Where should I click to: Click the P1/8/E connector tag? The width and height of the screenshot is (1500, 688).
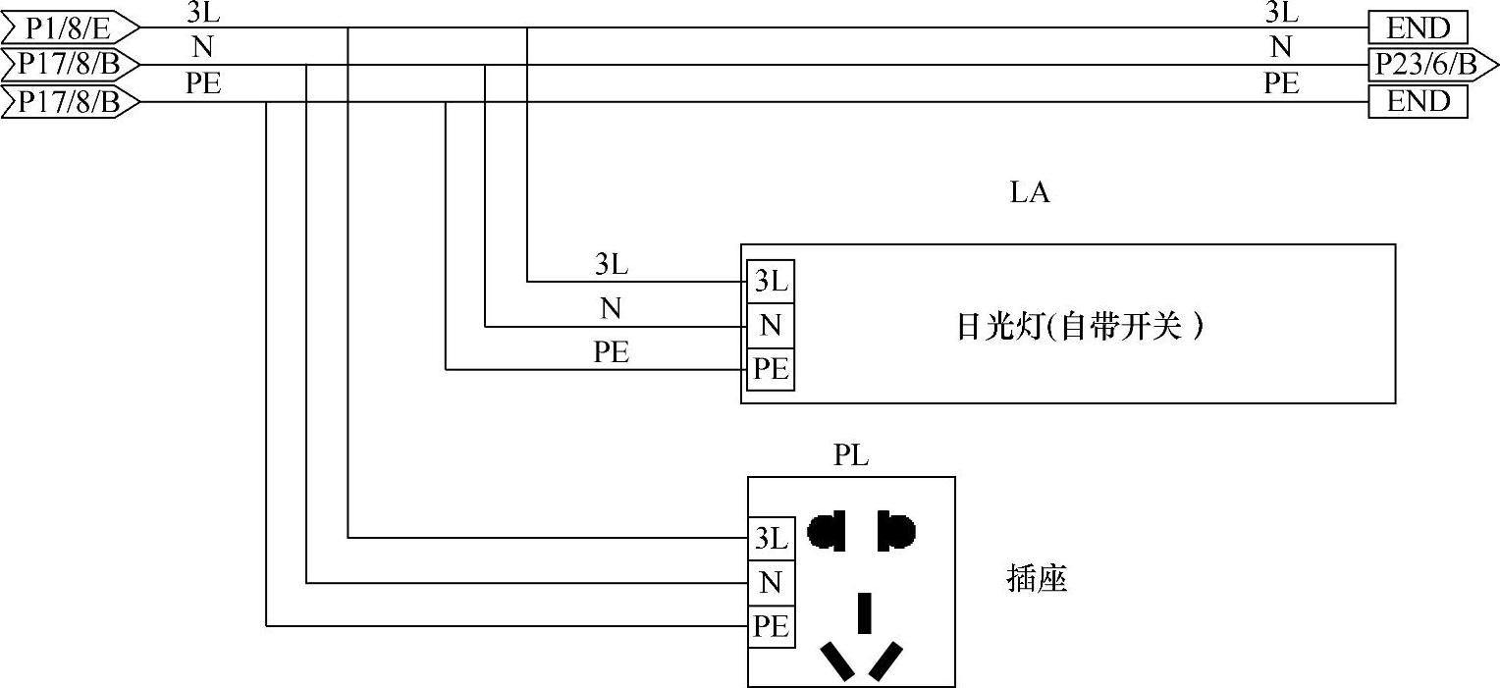[68, 27]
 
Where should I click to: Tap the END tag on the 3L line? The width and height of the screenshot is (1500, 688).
[1418, 27]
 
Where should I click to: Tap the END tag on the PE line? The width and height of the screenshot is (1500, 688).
[1418, 101]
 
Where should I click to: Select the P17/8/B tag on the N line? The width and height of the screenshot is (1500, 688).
[68, 65]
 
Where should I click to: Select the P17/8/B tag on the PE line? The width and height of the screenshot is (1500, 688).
[68, 101]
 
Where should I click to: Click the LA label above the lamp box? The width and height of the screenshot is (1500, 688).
[1030, 193]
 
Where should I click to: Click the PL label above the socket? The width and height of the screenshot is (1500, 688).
[851, 456]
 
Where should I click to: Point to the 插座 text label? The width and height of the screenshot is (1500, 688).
[1037, 579]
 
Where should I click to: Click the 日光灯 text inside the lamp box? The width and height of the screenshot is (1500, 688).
[996, 327]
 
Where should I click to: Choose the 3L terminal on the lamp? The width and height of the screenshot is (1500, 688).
[771, 282]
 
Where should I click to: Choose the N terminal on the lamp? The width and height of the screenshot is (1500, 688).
[771, 325]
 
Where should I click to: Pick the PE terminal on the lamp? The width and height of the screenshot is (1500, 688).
[771, 369]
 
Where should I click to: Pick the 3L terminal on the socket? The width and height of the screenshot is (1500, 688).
[771, 538]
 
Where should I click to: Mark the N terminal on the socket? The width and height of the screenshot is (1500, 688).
[771, 583]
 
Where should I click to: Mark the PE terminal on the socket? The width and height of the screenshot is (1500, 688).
[771, 626]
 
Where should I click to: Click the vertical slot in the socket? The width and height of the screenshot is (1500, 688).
[865, 611]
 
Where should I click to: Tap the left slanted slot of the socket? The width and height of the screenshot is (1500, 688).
[837, 661]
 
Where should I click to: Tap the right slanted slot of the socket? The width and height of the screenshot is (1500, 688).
[886, 661]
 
